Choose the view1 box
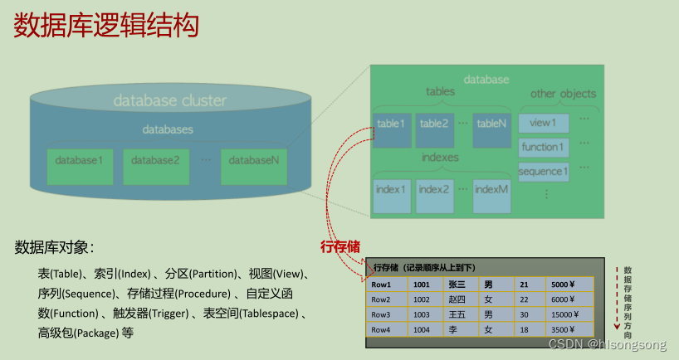point(544,124)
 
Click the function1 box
point(544,148)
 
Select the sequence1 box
point(544,173)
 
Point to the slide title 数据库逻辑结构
point(106,26)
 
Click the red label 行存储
point(341,246)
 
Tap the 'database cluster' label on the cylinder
point(169,101)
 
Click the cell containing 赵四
point(457,299)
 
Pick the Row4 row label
point(382,329)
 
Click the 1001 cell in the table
point(423,285)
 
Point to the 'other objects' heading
point(563,94)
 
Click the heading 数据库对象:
point(54,247)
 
